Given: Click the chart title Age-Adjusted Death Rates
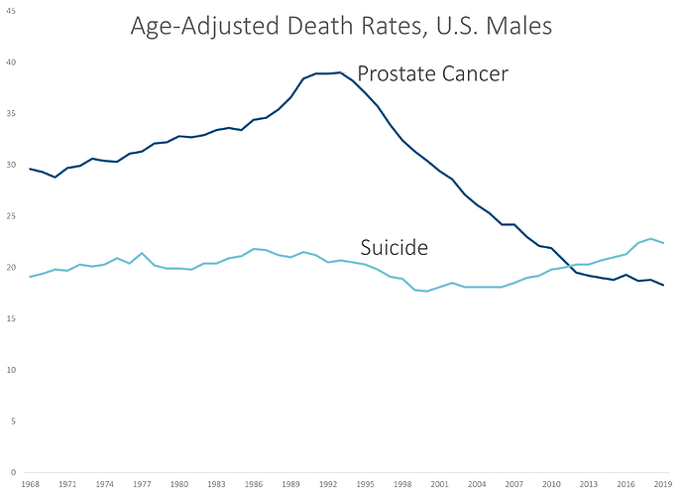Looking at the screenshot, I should pyautogui.click(x=342, y=27).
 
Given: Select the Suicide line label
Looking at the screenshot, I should pyautogui.click(x=393, y=247).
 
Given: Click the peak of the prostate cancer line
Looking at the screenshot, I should pyautogui.click(x=340, y=72).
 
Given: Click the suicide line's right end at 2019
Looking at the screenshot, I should pyautogui.click(x=662, y=243).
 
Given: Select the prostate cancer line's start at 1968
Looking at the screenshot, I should pyautogui.click(x=31, y=169).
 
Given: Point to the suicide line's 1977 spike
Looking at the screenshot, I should pyautogui.click(x=142, y=253).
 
